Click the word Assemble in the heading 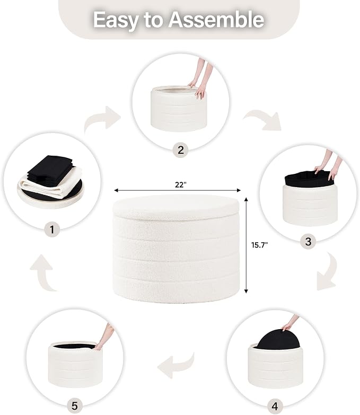tap(217, 19)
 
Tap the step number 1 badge tap(52, 229)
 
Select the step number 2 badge tap(180, 150)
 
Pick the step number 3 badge tap(308, 241)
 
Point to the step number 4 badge tap(275, 406)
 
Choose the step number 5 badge tap(75, 405)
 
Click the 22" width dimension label tap(181, 185)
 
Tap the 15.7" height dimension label tap(259, 245)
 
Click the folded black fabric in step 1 tap(50, 170)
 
